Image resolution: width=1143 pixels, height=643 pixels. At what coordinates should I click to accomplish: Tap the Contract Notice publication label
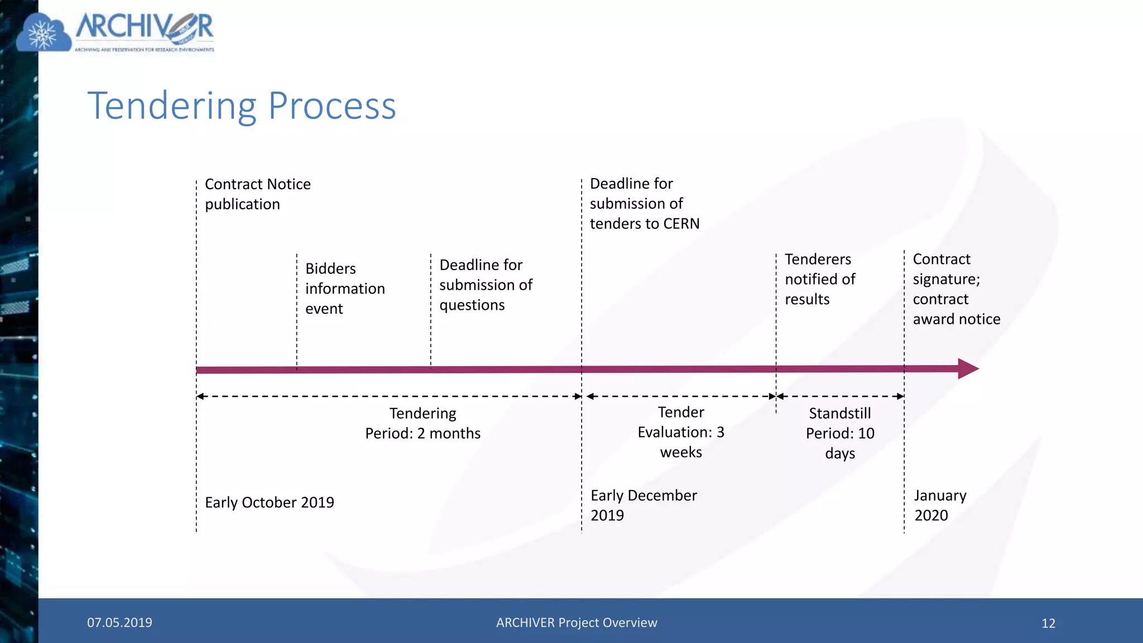[257, 194]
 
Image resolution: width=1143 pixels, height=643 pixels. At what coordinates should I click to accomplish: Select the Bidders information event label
[344, 289]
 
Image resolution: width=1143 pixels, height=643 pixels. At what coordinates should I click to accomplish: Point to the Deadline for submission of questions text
[485, 285]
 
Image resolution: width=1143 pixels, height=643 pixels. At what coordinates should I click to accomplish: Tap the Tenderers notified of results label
[819, 279]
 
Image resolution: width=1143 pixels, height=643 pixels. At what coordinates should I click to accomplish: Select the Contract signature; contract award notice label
[955, 289]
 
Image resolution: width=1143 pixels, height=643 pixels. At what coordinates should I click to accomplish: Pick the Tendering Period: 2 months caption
[422, 424]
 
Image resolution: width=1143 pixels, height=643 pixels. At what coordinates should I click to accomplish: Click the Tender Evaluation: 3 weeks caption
[681, 432]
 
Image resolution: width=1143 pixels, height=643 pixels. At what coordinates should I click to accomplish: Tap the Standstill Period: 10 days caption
[839, 433]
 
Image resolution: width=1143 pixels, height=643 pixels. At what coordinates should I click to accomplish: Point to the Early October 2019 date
[269, 502]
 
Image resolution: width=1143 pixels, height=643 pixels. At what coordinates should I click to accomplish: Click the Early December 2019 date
[643, 505]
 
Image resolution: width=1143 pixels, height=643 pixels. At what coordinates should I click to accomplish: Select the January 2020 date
[939, 505]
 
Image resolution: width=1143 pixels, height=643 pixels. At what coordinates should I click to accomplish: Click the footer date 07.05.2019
[119, 622]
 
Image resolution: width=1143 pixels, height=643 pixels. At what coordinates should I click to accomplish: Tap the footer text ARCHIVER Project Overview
[577, 622]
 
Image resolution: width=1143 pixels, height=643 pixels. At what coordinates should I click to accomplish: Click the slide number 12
[1048, 623]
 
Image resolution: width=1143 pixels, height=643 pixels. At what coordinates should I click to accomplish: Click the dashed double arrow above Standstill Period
[840, 396]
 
